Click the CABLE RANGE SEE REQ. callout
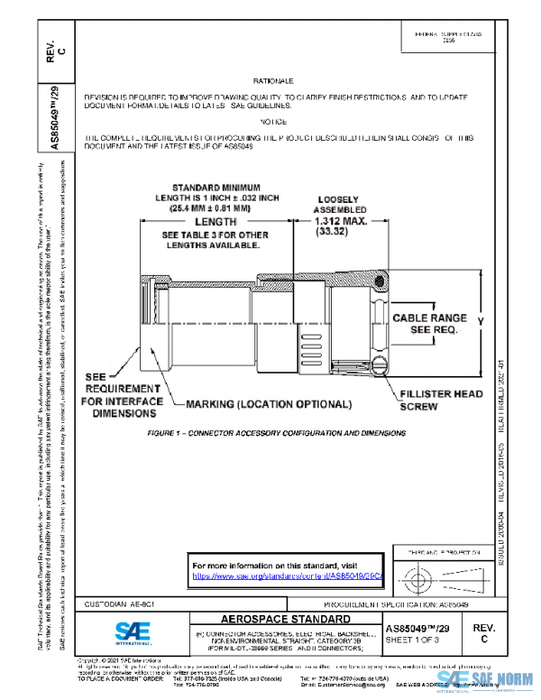pyautogui.click(x=429, y=324)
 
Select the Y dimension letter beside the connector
pyautogui.click(x=481, y=320)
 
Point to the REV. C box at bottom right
pyautogui.click(x=484, y=631)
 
